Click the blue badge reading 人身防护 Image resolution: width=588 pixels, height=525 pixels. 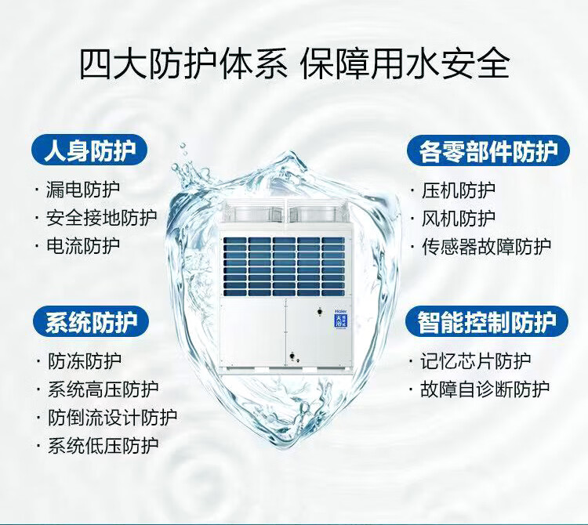pos(89,150)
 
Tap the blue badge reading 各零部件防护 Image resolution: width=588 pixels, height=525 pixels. pos(488,150)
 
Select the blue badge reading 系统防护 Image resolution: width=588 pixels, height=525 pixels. pos(91,322)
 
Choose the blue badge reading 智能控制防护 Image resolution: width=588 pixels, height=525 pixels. pos(487,322)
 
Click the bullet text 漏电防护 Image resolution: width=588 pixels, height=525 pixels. pos(82,190)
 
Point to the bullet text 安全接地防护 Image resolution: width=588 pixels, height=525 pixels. pos(101,218)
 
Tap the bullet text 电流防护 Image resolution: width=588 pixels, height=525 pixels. pos(82,246)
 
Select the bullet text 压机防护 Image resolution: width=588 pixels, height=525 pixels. pos(459,190)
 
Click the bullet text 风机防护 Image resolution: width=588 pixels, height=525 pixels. pos(459,218)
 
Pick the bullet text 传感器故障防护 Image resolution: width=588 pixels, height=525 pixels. pos(486,247)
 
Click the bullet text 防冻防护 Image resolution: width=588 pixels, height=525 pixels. pos(85,361)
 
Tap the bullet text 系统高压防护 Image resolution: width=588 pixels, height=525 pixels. pos(103,389)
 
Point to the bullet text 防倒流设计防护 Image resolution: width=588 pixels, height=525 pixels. pos(112,417)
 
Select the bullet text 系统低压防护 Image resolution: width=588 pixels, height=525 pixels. pos(103,445)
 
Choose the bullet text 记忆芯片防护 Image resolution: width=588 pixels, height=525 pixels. pos(476,361)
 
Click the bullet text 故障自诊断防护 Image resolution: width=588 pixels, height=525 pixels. pos(485,389)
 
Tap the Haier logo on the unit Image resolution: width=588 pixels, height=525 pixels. pos(340,310)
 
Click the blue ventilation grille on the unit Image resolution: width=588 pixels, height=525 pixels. pos(284,266)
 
